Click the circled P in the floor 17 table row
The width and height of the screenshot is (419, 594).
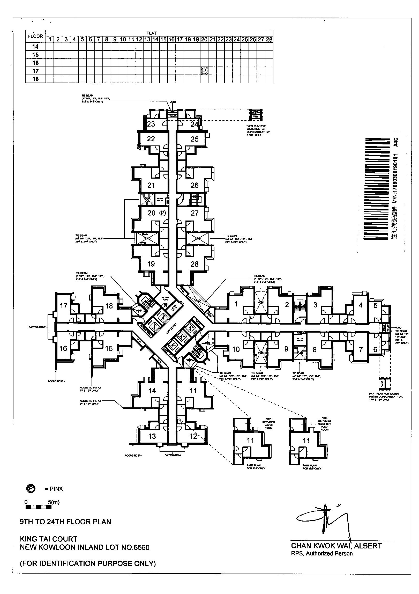[204, 70]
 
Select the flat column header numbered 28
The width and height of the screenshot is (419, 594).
[269, 39]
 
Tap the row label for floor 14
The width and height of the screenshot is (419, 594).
[35, 47]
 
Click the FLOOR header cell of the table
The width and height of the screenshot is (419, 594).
[35, 36]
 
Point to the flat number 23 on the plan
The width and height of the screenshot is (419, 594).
[151, 124]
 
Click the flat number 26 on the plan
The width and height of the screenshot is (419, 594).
[194, 185]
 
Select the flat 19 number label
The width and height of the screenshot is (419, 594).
[151, 264]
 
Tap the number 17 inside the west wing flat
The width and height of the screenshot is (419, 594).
[63, 306]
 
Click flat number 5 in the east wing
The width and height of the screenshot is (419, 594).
[376, 305]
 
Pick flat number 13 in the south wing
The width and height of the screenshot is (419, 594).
[152, 436]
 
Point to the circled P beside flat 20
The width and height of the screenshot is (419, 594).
[162, 213]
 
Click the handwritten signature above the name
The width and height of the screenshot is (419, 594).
[323, 518]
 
